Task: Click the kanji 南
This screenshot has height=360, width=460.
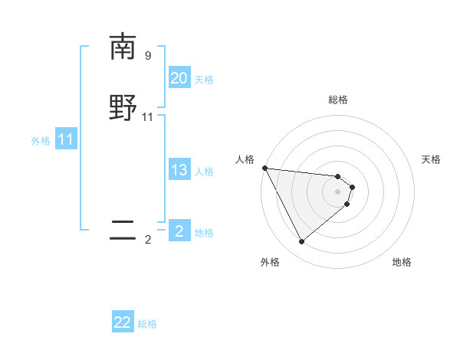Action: (x=123, y=47)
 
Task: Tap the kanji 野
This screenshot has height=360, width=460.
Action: (x=123, y=108)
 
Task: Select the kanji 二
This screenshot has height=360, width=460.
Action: (x=123, y=231)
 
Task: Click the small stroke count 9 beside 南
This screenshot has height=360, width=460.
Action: (x=148, y=56)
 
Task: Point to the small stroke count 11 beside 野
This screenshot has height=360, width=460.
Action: (x=148, y=117)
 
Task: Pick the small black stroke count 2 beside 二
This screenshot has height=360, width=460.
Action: (x=148, y=240)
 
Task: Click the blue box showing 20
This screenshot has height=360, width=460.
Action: (x=179, y=78)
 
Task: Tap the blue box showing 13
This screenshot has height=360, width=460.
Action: (x=179, y=170)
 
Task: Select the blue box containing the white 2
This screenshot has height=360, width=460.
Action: (x=179, y=231)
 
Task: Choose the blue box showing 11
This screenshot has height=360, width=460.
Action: (x=66, y=140)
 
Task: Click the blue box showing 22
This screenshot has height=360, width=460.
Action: (x=123, y=323)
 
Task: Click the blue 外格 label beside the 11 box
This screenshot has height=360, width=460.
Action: (x=41, y=141)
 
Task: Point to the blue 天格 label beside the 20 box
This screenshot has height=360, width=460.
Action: (x=204, y=80)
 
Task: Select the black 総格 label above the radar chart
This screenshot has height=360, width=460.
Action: (x=338, y=100)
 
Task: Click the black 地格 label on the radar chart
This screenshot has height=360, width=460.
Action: (x=402, y=262)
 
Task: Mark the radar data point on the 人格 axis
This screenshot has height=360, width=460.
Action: (x=264, y=168)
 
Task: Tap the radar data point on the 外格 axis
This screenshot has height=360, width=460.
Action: (x=301, y=241)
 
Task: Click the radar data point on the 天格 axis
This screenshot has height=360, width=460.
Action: (x=353, y=186)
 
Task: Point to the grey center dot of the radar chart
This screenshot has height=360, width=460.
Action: (x=338, y=191)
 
